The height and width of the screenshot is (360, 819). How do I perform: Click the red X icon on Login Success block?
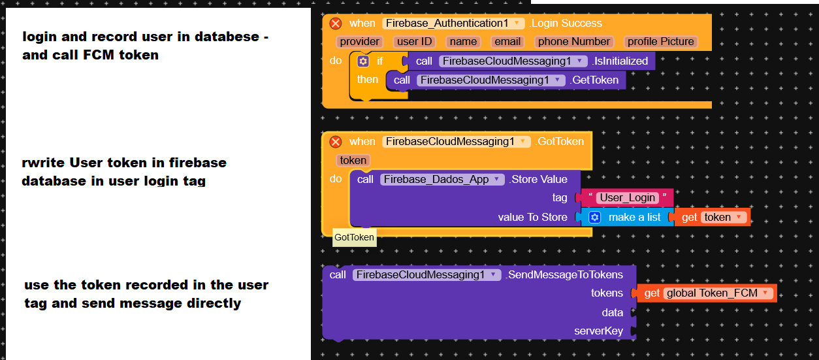tap(336, 24)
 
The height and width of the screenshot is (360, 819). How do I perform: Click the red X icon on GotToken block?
tap(336, 142)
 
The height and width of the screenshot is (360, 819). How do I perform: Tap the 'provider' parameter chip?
tap(360, 42)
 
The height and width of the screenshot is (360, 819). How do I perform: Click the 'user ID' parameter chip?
tap(415, 42)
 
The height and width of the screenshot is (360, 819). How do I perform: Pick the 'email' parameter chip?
tap(507, 42)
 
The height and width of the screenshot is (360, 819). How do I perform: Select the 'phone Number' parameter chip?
tap(573, 42)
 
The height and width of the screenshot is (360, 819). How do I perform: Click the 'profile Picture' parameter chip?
tap(660, 42)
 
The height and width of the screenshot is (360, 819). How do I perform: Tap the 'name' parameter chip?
tap(463, 42)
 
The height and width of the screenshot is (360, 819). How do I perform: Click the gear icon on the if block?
tap(363, 61)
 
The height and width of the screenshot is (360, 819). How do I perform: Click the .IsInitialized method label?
tap(620, 61)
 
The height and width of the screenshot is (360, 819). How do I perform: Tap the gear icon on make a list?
tap(594, 218)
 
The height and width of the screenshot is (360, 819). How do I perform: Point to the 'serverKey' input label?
tap(598, 331)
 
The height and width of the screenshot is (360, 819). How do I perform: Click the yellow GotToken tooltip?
tap(354, 237)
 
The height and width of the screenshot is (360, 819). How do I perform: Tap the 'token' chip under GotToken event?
tap(353, 161)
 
